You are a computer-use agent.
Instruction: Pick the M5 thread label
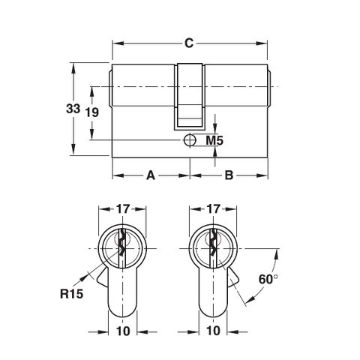[x=215, y=140]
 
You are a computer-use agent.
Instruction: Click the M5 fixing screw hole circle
[x=190, y=140]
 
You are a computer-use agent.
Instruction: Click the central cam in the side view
[x=190, y=97]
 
